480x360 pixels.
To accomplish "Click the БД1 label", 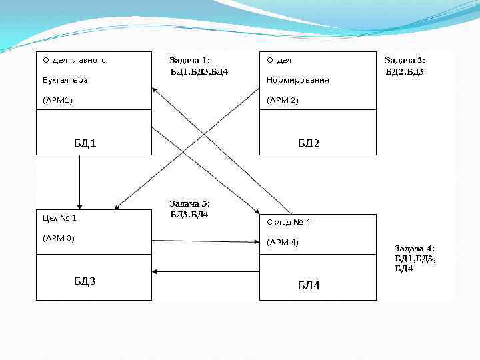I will click(85, 143).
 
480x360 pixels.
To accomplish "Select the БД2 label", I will click(309, 143).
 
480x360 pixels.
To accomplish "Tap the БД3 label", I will click(85, 281).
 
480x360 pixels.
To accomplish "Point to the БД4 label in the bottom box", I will click(309, 285).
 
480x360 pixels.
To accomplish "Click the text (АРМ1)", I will click(58, 100).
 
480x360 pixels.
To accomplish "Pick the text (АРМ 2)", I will click(283, 100).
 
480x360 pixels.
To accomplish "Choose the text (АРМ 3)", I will click(59, 237).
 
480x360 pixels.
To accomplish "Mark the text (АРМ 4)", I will click(283, 241).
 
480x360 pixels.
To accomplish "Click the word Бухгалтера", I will click(65, 80).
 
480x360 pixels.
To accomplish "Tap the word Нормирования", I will click(297, 80).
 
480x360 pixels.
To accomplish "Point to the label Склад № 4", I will click(289, 221).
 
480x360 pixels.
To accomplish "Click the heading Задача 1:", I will click(190, 61).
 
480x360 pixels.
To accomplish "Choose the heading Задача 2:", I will click(405, 61).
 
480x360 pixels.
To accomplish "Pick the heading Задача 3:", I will click(190, 203).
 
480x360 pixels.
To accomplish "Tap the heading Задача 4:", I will click(414, 248).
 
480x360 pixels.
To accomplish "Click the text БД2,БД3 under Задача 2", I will click(405, 71).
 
